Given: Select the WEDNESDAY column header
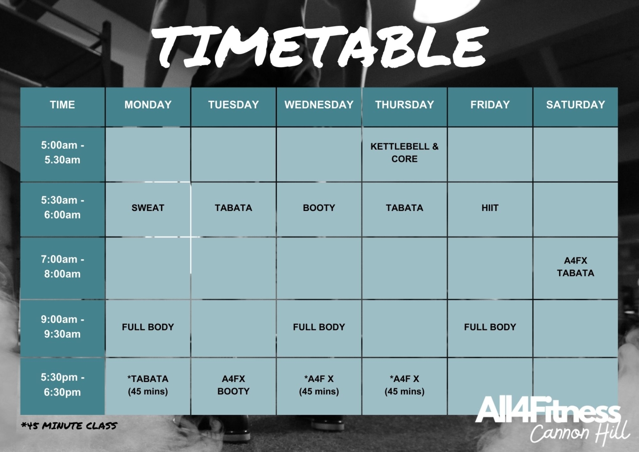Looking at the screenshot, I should click(319, 105).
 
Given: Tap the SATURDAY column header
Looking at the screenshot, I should click(575, 105).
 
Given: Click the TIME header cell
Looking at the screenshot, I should click(62, 105).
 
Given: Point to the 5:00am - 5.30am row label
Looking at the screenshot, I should click(62, 153).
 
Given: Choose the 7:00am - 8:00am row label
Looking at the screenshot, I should click(62, 267).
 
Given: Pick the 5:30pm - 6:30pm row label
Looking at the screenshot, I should click(62, 385).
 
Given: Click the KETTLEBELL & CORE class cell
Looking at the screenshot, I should click(404, 153).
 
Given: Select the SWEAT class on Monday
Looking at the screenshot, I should click(148, 208).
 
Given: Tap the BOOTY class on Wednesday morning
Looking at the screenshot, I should click(319, 208).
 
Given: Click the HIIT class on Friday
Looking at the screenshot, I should click(490, 208).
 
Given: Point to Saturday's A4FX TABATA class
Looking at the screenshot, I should click(575, 267).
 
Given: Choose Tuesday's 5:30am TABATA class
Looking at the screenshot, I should click(233, 208).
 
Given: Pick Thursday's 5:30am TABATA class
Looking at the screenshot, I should click(404, 208).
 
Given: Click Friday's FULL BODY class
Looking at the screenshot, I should click(490, 327).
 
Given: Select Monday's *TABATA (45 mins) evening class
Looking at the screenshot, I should click(148, 385).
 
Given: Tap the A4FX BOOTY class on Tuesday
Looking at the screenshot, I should click(233, 385).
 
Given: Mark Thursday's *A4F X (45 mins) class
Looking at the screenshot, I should click(404, 385).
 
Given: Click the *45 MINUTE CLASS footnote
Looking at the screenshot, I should click(69, 426).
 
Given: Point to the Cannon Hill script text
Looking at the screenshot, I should click(580, 433).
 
